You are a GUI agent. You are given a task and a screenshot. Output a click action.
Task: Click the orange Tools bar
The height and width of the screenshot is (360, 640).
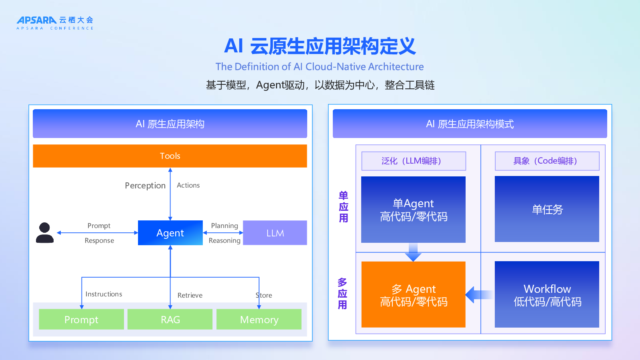170,156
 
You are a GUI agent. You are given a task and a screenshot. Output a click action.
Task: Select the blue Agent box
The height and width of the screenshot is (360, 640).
170,233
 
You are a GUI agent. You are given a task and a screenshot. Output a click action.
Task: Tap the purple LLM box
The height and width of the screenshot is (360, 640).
275,233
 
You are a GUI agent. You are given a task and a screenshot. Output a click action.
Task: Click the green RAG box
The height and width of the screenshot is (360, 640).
170,320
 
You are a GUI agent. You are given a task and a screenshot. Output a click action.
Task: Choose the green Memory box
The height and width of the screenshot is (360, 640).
259,320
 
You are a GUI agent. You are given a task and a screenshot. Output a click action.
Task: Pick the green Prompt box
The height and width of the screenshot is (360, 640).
81,320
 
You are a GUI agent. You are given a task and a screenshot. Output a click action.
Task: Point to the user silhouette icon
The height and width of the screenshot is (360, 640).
45,233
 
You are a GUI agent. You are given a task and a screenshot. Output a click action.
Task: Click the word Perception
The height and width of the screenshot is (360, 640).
145,186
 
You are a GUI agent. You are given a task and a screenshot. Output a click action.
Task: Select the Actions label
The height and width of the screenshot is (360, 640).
188,185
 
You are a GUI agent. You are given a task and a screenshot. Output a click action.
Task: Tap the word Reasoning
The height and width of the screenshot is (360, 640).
224,240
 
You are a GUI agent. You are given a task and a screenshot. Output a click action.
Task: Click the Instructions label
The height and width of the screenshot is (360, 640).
104,294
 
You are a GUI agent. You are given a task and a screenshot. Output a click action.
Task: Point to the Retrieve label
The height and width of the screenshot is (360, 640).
190,295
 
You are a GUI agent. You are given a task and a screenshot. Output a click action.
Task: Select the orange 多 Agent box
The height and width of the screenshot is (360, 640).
413,295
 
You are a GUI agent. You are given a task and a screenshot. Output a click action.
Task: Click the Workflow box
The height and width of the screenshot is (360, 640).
547,295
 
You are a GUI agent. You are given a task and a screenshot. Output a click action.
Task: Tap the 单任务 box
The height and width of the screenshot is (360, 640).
547,209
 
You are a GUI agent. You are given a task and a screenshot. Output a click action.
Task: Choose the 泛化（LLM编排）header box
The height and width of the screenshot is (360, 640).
414,161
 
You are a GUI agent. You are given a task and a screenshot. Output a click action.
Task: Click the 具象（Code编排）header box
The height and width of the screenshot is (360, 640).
547,161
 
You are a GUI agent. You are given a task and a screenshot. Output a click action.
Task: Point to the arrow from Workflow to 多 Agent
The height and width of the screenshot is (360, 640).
479,295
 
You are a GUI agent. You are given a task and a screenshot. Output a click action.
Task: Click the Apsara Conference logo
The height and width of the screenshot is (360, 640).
55,23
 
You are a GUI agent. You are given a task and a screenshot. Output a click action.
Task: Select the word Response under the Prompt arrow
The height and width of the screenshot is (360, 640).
99,240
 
